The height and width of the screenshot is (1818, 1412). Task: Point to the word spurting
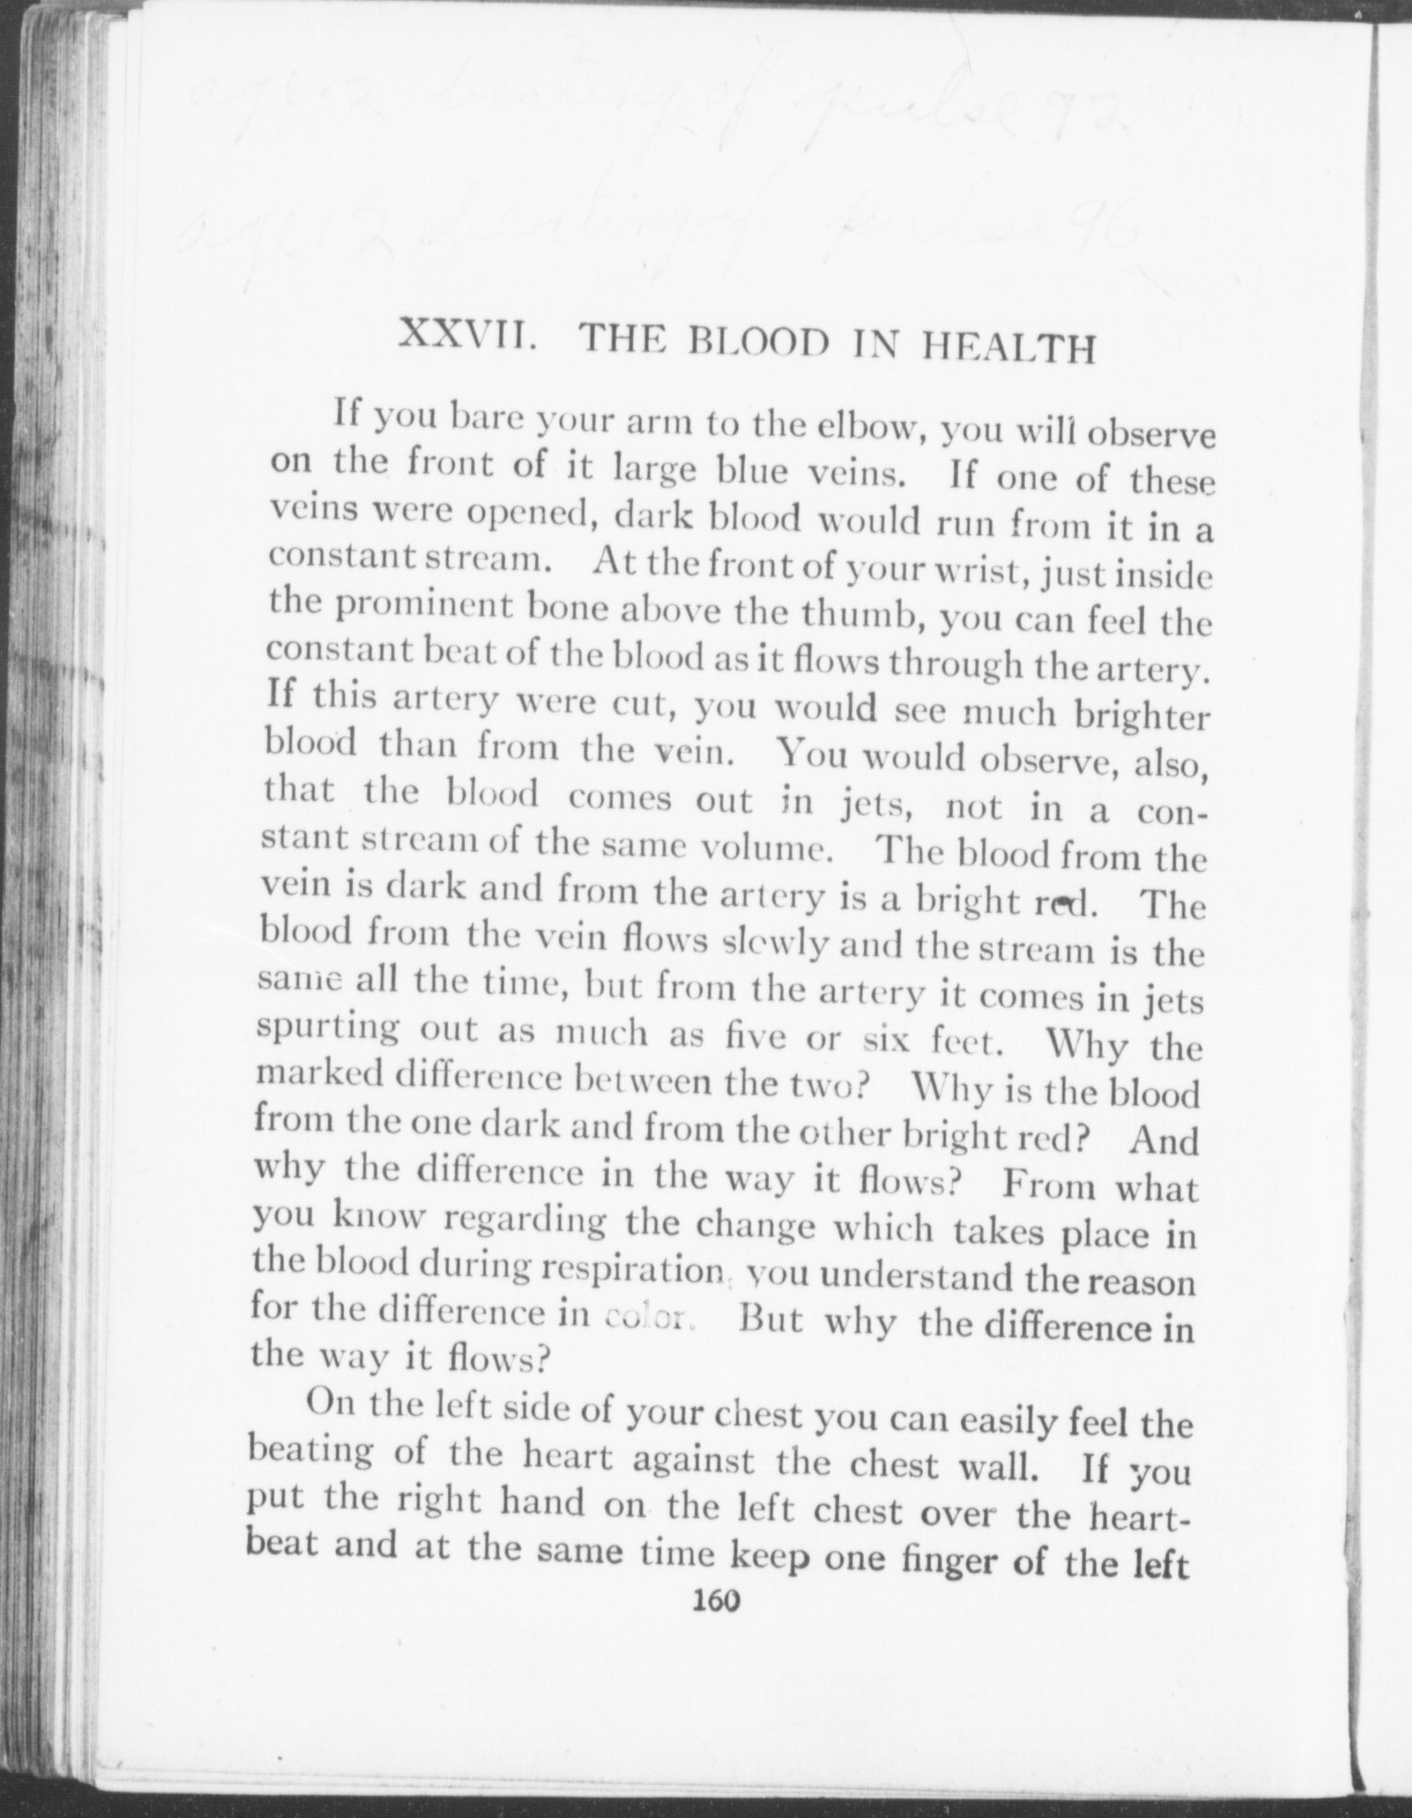click(326, 1029)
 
